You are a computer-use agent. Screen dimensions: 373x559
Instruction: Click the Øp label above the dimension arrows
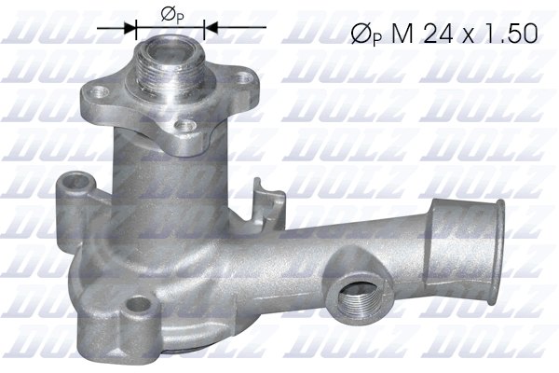pos(171,12)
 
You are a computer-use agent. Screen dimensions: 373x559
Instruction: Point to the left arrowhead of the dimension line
pos(131,28)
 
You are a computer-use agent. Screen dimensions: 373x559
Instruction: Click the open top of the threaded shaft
pos(170,45)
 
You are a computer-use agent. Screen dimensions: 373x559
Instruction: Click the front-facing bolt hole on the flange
pos(187,124)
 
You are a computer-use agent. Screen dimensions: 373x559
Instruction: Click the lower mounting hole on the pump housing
pos(138,303)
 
